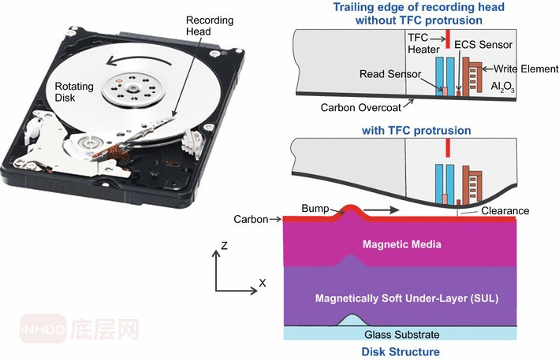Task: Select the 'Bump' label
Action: (x=315, y=208)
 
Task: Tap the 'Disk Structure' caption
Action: (x=400, y=351)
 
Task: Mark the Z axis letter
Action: (x=225, y=246)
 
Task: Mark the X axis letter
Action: (x=263, y=281)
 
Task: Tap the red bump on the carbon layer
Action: (x=350, y=210)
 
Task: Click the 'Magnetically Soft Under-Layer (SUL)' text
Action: (x=400, y=299)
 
